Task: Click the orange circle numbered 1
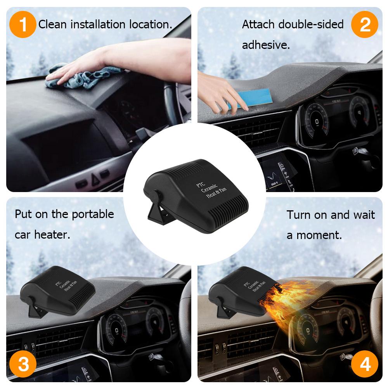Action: pos(23,24)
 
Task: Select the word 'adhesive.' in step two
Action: pos(266,45)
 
